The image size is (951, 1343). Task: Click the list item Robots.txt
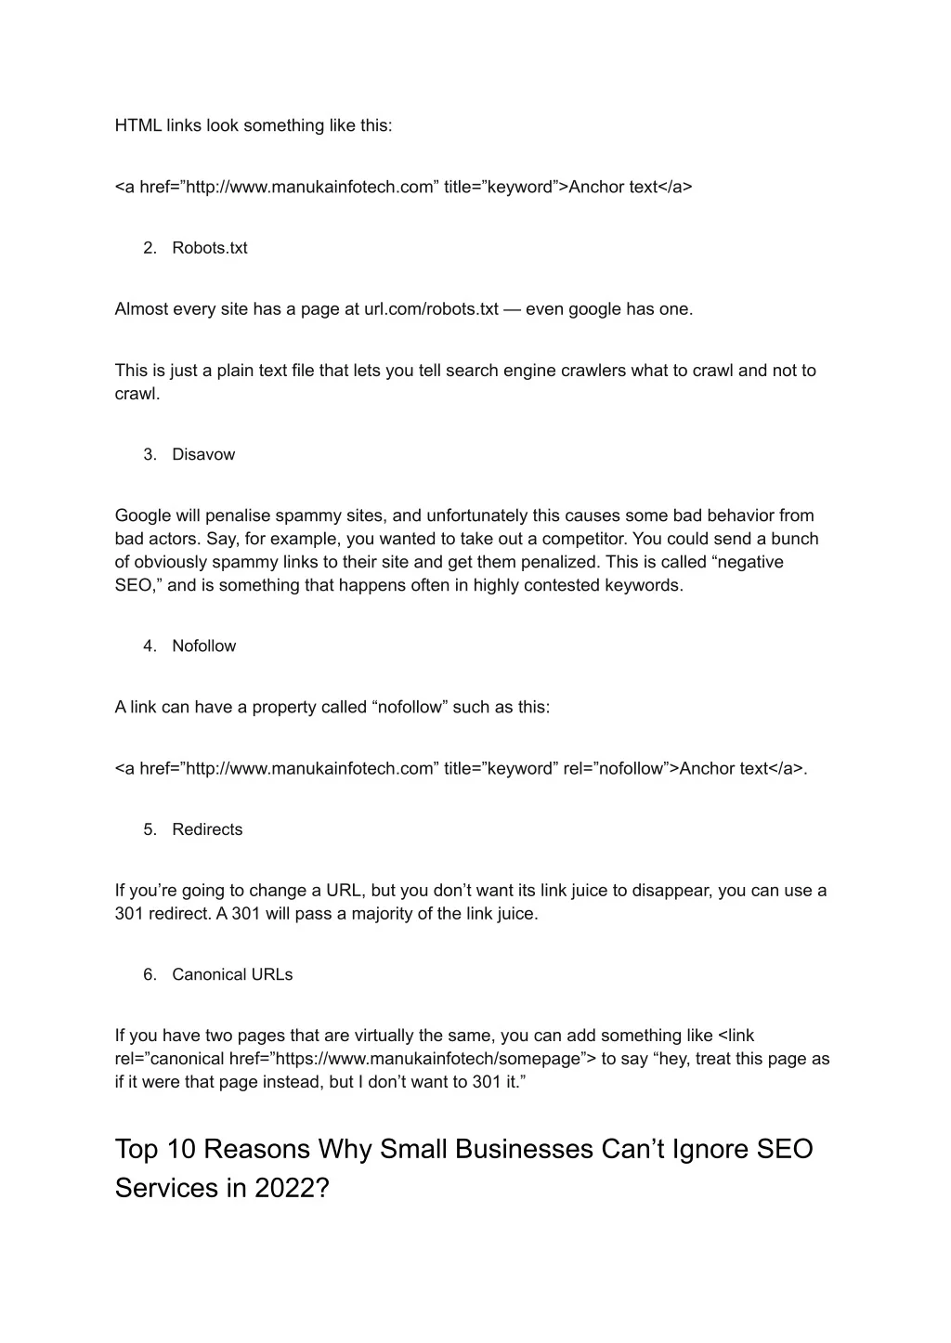pyautogui.click(x=209, y=248)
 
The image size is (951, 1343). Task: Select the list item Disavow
pyautogui.click(x=203, y=454)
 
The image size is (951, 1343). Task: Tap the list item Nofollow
pyautogui.click(x=203, y=645)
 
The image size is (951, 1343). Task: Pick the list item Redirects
pyautogui.click(x=207, y=829)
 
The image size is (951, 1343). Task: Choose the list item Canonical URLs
pyautogui.click(x=232, y=974)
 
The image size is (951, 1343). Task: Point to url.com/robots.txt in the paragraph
pyautogui.click(x=431, y=309)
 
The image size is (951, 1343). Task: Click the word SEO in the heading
pyautogui.click(x=785, y=1149)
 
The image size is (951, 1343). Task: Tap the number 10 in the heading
pyautogui.click(x=181, y=1149)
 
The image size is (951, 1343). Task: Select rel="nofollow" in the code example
pyautogui.click(x=615, y=768)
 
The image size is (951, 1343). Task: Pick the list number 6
pyautogui.click(x=149, y=974)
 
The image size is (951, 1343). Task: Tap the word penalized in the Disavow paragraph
pyautogui.click(x=521, y=562)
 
